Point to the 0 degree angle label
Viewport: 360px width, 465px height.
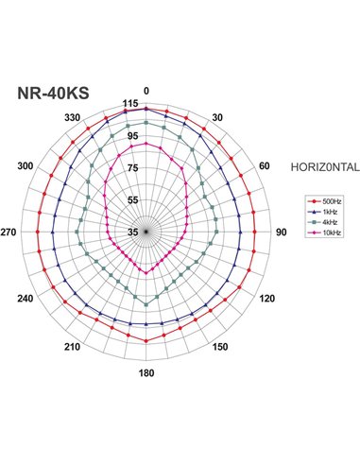pos(146,92)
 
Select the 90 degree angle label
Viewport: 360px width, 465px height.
pos(281,232)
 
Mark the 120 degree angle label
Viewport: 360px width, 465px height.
pos(266,299)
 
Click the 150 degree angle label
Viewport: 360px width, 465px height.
pos(220,347)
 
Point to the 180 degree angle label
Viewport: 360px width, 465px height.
pos(146,371)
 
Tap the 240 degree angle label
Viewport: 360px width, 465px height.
pos(26,299)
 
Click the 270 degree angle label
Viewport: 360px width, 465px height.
pos(9,232)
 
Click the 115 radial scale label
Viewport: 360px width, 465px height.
pos(131,103)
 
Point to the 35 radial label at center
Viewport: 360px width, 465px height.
pos(133,232)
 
